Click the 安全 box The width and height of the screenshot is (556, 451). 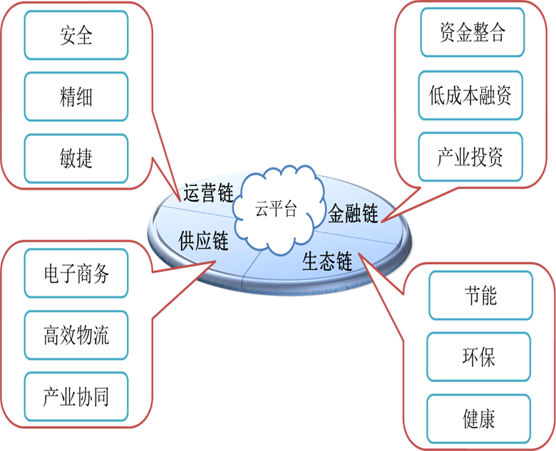click(76, 35)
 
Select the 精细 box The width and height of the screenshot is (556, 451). click(76, 97)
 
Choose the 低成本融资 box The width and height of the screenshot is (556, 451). click(470, 95)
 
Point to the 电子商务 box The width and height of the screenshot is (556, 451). click(76, 274)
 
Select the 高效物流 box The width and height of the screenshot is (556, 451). click(76, 335)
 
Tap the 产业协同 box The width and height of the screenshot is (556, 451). click(76, 397)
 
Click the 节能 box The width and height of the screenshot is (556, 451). click(480, 296)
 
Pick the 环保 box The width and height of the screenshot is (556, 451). click(479, 357)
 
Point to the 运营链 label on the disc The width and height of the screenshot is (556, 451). click(209, 194)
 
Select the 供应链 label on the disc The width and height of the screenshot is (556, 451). click(203, 241)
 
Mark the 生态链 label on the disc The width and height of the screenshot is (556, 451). click(327, 261)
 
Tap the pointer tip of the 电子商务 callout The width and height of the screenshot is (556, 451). click(216, 261)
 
